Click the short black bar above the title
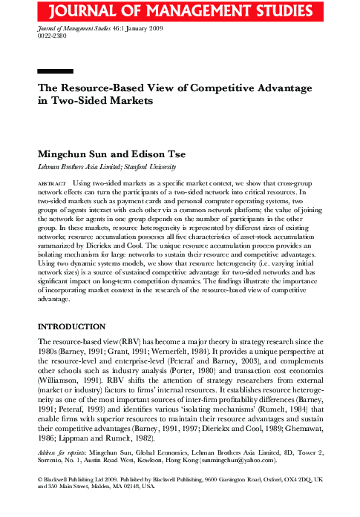56,72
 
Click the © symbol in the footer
39,480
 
